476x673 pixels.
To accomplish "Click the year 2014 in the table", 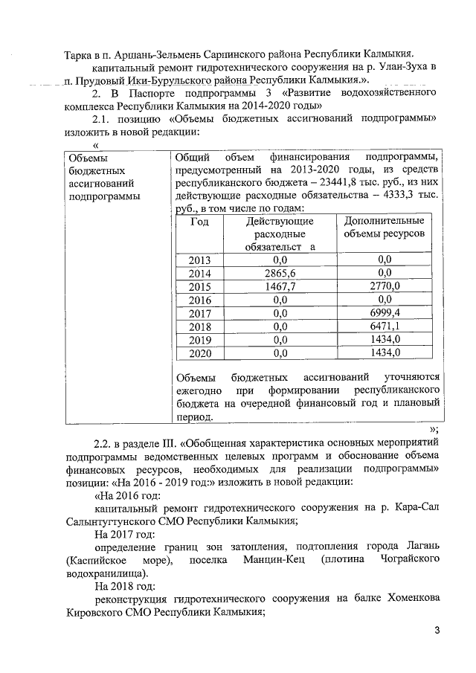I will tap(200, 274).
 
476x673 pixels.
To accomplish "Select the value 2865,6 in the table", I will tap(280, 274).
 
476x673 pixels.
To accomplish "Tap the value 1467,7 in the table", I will tap(280, 286).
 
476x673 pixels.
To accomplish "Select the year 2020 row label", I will tap(200, 353).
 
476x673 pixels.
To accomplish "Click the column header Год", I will tap(199, 222).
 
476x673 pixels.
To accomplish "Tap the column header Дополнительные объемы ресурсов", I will tap(385, 228).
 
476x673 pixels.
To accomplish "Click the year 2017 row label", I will tap(200, 313).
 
